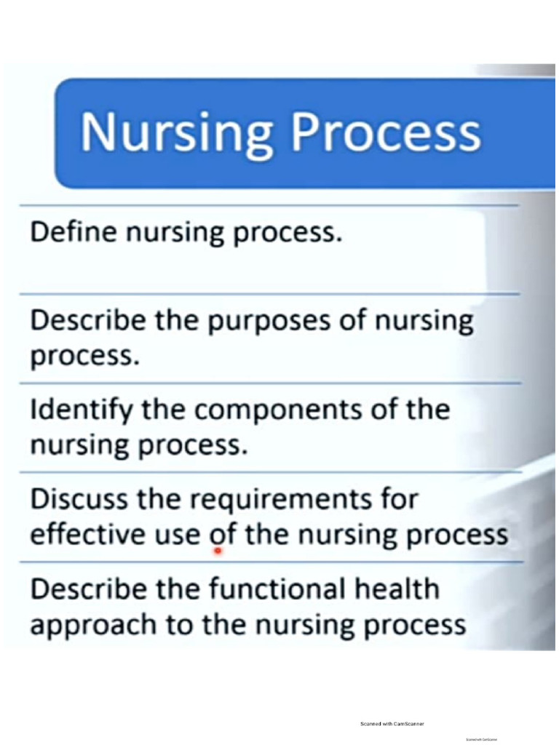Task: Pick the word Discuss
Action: click(82, 500)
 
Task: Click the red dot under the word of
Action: click(218, 551)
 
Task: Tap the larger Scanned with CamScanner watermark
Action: click(392, 724)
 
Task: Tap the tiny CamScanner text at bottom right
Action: click(481, 740)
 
